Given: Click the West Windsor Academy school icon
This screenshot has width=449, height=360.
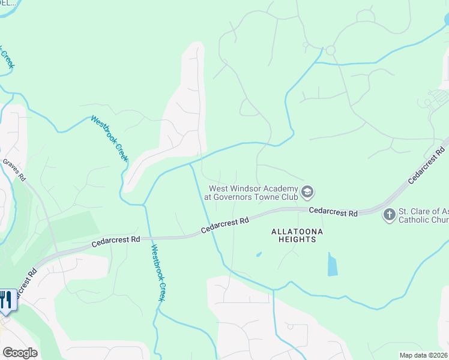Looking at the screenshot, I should pos(308,192).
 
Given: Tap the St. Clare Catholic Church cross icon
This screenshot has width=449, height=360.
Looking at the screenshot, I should pos(390,214).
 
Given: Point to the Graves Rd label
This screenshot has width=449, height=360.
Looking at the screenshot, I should pos(14,170).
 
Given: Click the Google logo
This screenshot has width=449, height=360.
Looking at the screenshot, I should pos(20,353).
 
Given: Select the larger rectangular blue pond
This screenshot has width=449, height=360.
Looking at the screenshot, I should pos(332,264).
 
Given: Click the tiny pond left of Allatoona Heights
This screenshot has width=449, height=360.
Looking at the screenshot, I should pos(258,254).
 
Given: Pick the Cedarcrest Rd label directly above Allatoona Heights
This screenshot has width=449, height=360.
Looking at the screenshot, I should pos(333,212).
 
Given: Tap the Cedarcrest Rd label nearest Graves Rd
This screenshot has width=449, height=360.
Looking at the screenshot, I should pos(116,242).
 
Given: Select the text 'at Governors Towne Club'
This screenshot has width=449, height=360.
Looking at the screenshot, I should pos(250,197).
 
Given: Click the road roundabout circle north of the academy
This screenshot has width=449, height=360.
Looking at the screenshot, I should pos(330,50).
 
